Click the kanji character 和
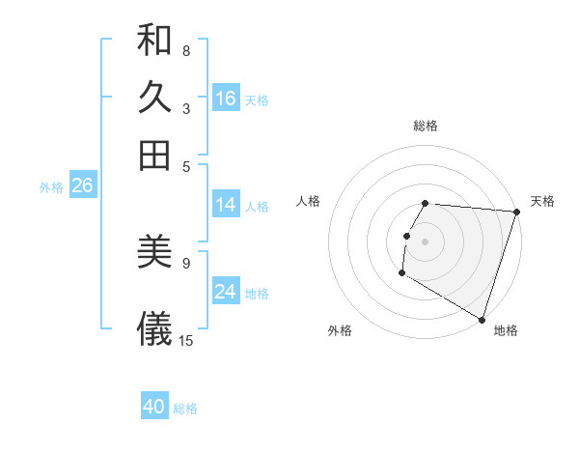155,42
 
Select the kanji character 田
155,156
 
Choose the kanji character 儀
155,328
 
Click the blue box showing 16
226,99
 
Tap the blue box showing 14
226,205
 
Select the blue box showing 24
226,292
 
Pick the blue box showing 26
82,186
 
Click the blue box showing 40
154,407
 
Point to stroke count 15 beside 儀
186,340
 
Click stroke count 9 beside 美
186,262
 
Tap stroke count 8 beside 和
186,50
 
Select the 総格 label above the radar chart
426,126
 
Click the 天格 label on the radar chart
542,201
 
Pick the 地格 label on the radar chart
506,330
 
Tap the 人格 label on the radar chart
309,201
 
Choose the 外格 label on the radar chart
340,330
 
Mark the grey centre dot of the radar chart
425,241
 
